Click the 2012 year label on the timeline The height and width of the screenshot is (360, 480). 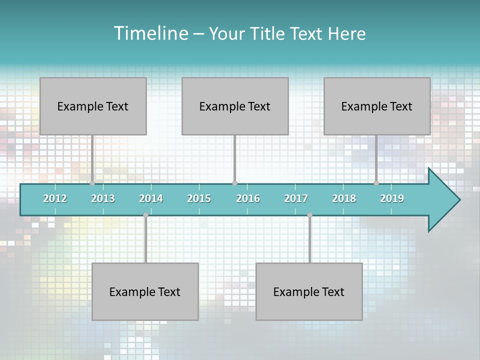pos(55,198)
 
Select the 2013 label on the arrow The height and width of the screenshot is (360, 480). pos(103,198)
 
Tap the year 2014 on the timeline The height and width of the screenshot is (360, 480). pos(151,198)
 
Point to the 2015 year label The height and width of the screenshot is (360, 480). pos(199,198)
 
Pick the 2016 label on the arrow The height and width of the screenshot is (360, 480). pos(248,198)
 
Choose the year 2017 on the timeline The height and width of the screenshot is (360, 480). pos(296,198)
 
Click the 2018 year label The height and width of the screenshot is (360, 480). pos(344,198)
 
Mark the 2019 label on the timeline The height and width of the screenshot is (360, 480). pos(392,198)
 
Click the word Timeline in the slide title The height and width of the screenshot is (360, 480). pos(150,33)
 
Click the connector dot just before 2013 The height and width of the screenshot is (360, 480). pos(92,183)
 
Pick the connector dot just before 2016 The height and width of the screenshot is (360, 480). pos(234,183)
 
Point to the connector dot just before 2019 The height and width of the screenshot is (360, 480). pos(376,183)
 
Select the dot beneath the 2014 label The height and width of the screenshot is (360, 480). pos(145,215)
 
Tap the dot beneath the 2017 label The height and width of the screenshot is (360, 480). pos(309,215)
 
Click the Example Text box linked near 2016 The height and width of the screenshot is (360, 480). pos(235,106)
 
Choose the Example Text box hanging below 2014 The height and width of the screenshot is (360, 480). pos(145,291)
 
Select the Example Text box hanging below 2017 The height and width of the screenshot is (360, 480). pos(309,291)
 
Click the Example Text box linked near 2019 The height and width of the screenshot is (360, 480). pos(377,106)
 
